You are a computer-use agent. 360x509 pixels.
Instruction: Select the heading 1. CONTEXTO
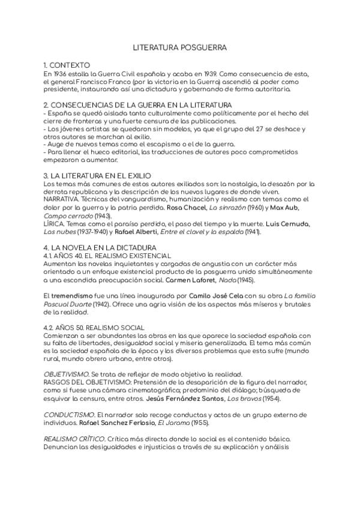pyautogui.click(x=67, y=65)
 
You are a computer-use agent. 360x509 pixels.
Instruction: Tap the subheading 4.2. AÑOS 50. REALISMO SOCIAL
pyautogui.click(x=92, y=327)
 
